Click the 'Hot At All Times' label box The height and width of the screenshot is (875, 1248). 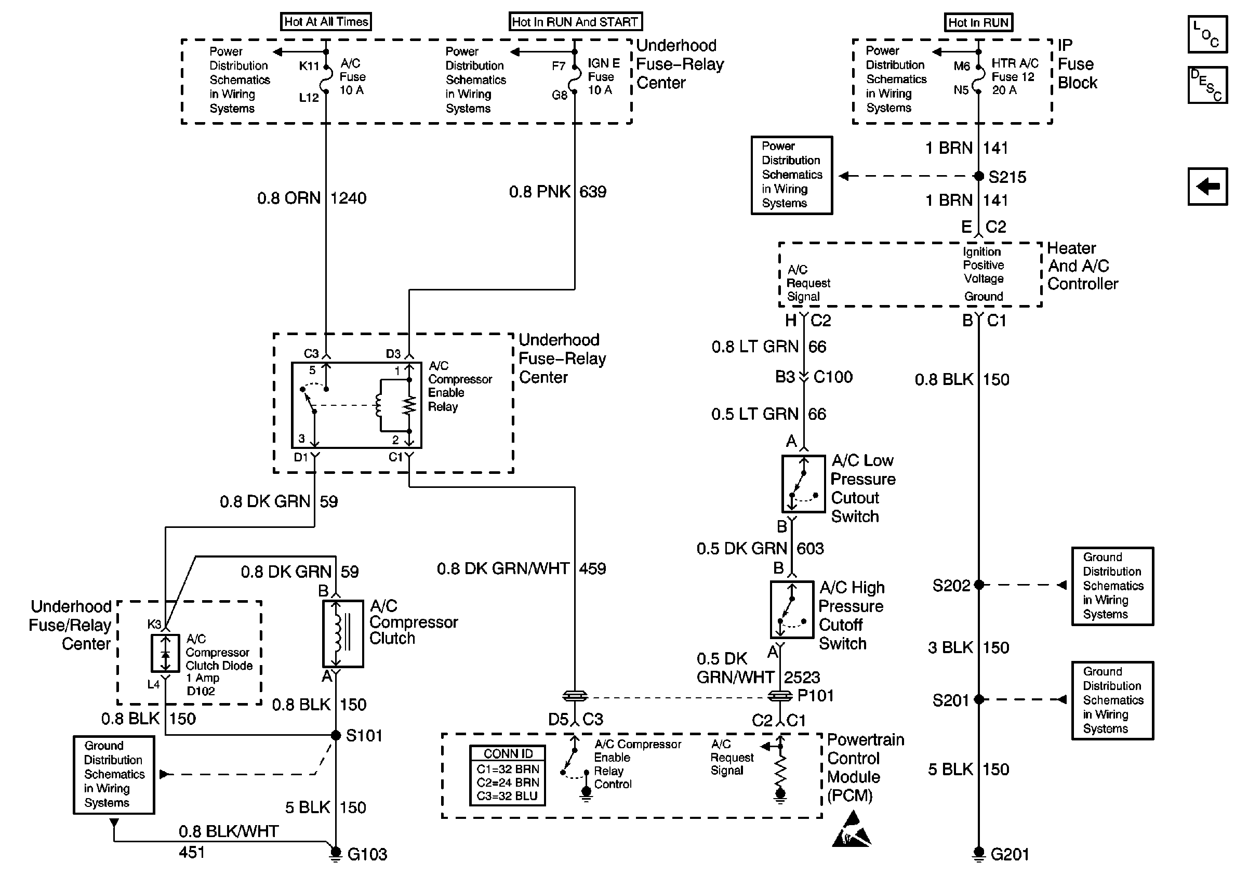tap(326, 22)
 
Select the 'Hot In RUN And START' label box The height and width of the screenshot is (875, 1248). tap(575, 22)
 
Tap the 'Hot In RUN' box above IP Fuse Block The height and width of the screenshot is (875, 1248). tap(978, 22)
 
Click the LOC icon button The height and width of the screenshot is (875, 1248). tap(1207, 34)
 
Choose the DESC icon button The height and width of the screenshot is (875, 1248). tap(1207, 85)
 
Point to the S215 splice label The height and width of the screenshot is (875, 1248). tap(1007, 177)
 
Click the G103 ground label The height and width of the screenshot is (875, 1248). tap(367, 854)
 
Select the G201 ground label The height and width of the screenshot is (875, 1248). tap(1010, 854)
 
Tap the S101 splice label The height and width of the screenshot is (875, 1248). tap(364, 736)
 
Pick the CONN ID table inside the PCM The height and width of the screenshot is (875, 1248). tap(507, 776)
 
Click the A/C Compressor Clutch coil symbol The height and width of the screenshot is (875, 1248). tap(343, 634)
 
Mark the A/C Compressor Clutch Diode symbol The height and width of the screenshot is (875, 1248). tap(165, 653)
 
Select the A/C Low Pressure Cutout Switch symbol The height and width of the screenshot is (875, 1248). tap(803, 484)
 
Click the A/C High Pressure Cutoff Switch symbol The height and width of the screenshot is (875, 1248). tap(792, 610)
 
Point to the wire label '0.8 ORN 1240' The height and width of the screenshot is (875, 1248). tap(312, 198)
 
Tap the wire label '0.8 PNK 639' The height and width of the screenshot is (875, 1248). tap(557, 192)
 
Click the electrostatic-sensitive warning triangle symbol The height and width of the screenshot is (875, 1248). tap(851, 829)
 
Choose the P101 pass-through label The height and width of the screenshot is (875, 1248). tap(815, 696)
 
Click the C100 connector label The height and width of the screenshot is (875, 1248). tap(833, 377)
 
